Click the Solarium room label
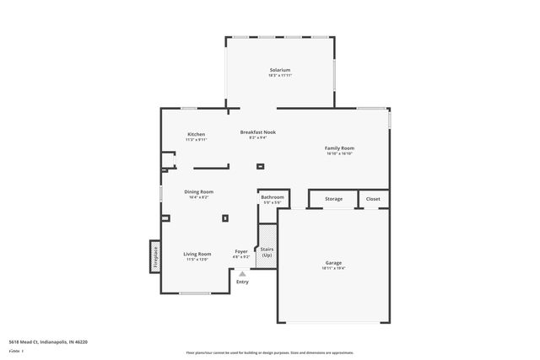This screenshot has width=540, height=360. click(x=280, y=70)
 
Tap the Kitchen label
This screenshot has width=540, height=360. click(x=197, y=134)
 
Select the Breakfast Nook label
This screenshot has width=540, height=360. click(x=258, y=132)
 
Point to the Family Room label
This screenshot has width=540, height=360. click(x=340, y=148)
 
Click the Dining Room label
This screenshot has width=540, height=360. click(x=199, y=191)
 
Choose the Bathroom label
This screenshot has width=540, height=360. click(x=273, y=197)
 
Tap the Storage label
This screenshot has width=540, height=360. click(x=334, y=199)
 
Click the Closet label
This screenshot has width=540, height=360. click(x=373, y=199)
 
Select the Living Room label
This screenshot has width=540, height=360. click(x=198, y=254)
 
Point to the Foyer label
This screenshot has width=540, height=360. click(x=241, y=251)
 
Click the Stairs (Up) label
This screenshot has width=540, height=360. click(x=267, y=251)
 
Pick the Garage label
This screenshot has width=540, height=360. click(x=334, y=263)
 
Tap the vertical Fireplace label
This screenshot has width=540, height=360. click(x=155, y=256)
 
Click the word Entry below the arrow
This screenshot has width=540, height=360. click(x=243, y=282)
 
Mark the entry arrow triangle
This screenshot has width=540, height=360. click(x=243, y=273)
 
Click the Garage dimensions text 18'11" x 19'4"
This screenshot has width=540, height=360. click(x=334, y=268)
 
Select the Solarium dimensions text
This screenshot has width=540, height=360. click(x=280, y=76)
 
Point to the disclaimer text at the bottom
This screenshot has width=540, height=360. click(x=270, y=352)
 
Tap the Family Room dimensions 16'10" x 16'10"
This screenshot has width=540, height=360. click(x=340, y=153)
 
